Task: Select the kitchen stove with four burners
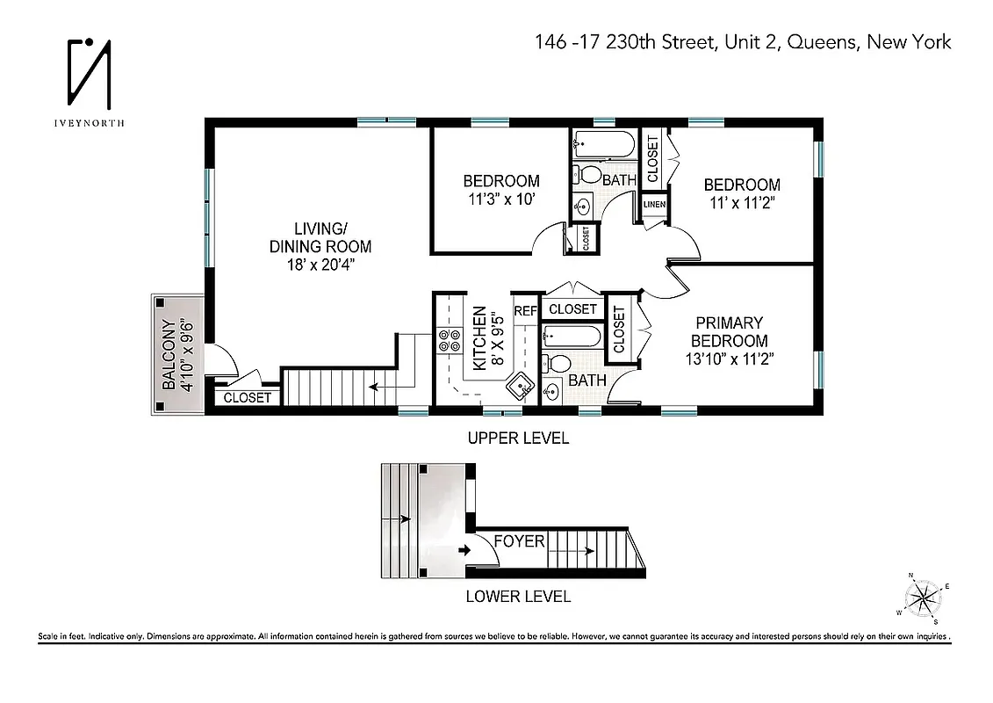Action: pos(450,340)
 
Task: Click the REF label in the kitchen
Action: pos(524,310)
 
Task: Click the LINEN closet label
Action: pos(654,205)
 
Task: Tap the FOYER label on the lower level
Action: pos(519,541)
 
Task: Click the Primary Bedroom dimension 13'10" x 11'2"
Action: pos(729,359)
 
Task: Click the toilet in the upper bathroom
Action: pos(587,174)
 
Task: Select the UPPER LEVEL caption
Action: pos(518,438)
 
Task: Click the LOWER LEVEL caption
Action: pos(518,597)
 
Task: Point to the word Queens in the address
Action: pos(822,42)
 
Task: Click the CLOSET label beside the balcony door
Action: pos(247,398)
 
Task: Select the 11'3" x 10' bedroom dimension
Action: pos(500,199)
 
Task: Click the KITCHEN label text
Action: pos(479,338)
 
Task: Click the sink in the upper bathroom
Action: pos(582,207)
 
